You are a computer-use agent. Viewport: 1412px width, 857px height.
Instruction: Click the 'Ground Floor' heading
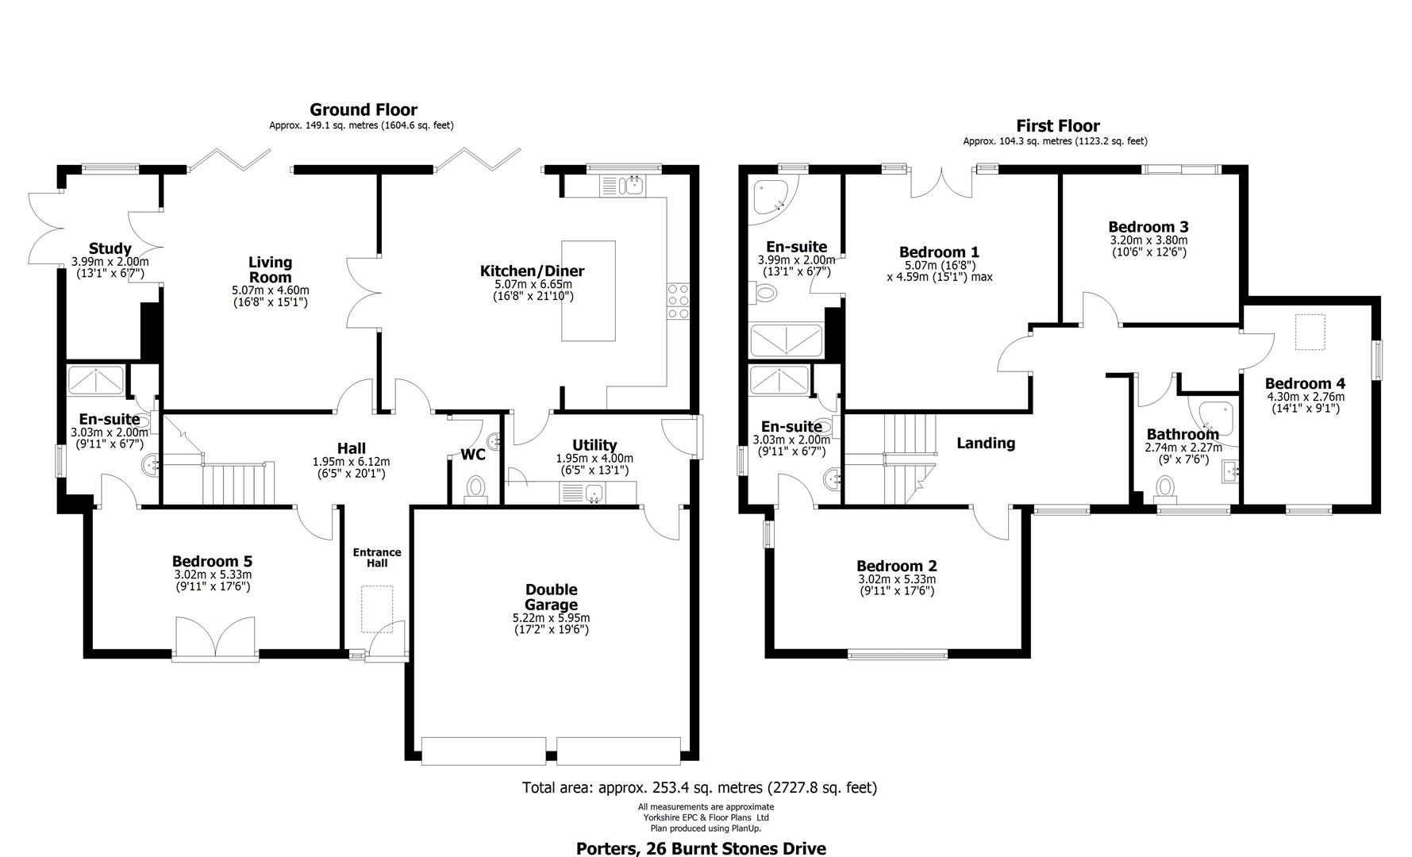click(x=364, y=110)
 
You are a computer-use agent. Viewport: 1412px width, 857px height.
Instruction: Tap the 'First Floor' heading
click(x=1058, y=125)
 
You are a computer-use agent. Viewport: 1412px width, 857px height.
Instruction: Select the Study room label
click(x=110, y=249)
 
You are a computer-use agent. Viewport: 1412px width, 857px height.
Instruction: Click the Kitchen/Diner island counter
click(x=588, y=290)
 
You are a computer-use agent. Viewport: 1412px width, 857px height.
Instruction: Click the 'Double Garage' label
click(x=551, y=597)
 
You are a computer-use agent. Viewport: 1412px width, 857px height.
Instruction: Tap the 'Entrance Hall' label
click(x=377, y=557)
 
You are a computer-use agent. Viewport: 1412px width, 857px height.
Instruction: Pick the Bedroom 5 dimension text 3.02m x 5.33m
click(x=212, y=575)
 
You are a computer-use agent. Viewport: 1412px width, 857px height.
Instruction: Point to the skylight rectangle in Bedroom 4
click(x=1310, y=332)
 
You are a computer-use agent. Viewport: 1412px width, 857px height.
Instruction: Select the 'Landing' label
click(x=985, y=443)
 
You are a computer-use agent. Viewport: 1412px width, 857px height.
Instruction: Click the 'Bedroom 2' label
click(x=896, y=566)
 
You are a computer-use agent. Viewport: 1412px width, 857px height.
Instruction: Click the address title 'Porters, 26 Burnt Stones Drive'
click(x=701, y=848)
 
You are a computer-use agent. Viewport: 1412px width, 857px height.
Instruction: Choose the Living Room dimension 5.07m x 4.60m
click(x=271, y=290)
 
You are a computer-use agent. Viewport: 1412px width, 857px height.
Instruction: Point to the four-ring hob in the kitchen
click(x=679, y=301)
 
